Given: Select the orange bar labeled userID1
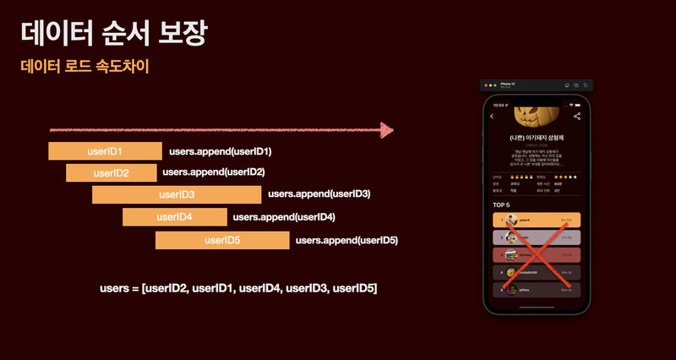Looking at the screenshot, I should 105,152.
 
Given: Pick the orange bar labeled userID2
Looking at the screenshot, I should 111,173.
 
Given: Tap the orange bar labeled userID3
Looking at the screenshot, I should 177,195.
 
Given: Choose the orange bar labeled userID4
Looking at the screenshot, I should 174,217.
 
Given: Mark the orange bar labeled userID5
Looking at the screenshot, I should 223,241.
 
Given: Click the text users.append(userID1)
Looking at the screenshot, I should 221,152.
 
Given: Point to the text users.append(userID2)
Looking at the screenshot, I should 214,172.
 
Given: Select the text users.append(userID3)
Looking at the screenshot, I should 319,194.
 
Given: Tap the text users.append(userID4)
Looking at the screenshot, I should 284,217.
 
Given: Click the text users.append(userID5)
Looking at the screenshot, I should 346,241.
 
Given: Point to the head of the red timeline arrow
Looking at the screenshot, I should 388,130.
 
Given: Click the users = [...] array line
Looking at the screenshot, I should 238,289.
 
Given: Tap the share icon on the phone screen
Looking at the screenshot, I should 577,116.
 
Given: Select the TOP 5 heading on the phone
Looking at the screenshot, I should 502,205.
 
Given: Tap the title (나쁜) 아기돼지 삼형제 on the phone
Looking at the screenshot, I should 535,137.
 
